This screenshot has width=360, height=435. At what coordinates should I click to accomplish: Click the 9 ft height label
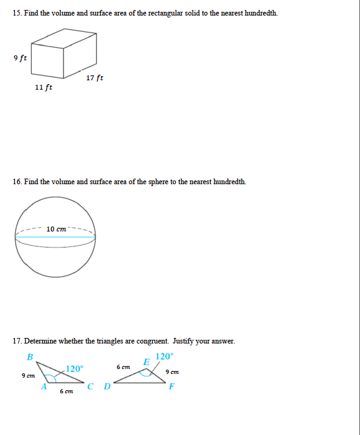click(x=19, y=58)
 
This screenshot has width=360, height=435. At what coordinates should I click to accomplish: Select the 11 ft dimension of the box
click(x=44, y=87)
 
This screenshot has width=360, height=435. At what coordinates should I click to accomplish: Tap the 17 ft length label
click(x=95, y=78)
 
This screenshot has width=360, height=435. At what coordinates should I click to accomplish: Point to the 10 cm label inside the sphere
click(x=56, y=229)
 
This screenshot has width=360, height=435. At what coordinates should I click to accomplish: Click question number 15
click(x=17, y=13)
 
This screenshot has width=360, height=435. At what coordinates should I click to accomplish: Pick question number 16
click(x=17, y=182)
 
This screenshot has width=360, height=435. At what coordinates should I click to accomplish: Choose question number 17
click(x=17, y=341)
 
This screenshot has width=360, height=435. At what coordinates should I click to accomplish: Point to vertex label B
click(x=29, y=357)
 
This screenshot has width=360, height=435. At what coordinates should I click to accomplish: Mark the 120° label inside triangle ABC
click(x=74, y=368)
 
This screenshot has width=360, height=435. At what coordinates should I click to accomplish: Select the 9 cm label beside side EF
click(x=172, y=372)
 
